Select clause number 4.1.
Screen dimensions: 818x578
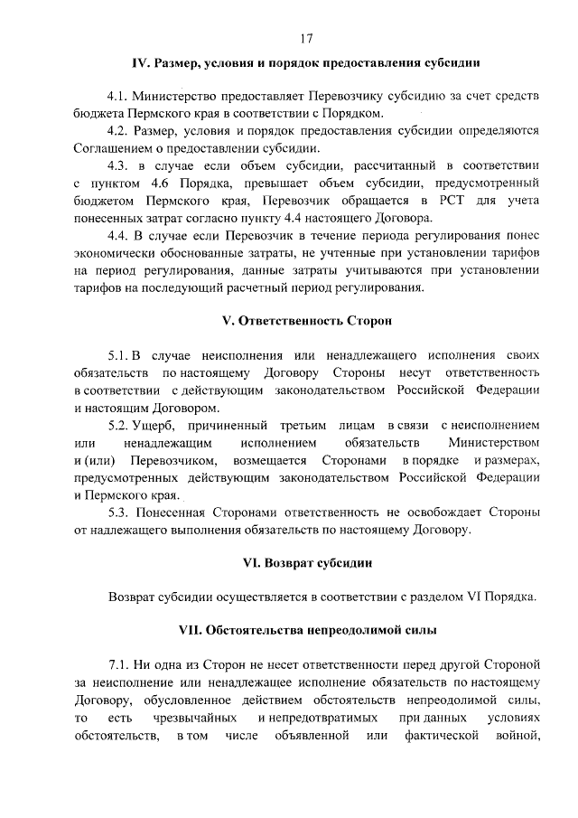pos(118,96)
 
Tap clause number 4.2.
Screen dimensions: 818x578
pos(118,130)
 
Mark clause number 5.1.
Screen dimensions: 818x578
pos(118,355)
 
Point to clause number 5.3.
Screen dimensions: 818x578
pos(118,512)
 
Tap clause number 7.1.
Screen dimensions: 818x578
pos(118,664)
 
